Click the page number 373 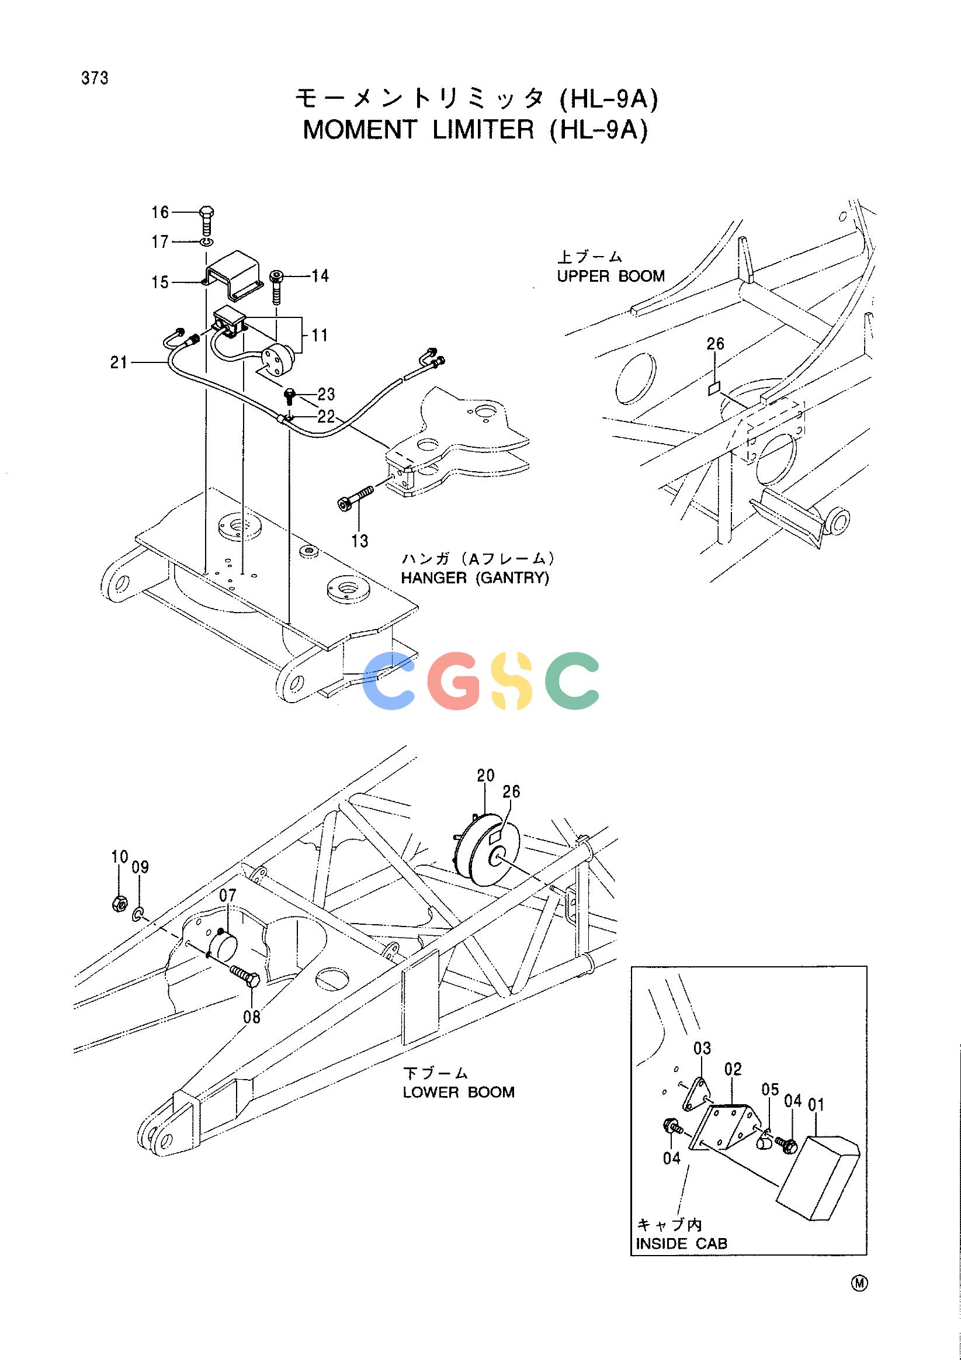pos(95,78)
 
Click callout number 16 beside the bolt pos(160,212)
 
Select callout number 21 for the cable pos(119,362)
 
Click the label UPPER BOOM pos(610,276)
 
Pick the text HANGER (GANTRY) pos(476,578)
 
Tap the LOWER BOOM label pos(459,1092)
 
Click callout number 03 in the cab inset pos(702,1049)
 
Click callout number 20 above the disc pos(485,776)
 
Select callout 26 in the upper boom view pos(716,344)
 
